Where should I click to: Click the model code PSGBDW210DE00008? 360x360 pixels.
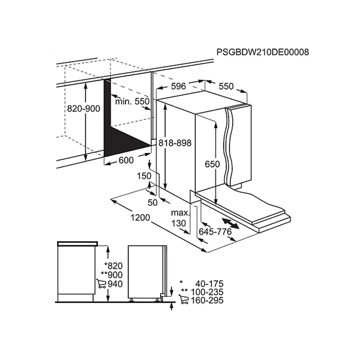(262, 52)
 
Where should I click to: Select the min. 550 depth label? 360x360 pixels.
(133, 102)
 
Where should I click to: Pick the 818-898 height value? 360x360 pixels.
(176, 142)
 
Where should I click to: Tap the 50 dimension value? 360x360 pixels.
(152, 202)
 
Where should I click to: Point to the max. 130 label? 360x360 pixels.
(179, 218)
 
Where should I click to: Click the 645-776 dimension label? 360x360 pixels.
(215, 232)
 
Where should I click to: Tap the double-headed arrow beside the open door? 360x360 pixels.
(236, 225)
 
